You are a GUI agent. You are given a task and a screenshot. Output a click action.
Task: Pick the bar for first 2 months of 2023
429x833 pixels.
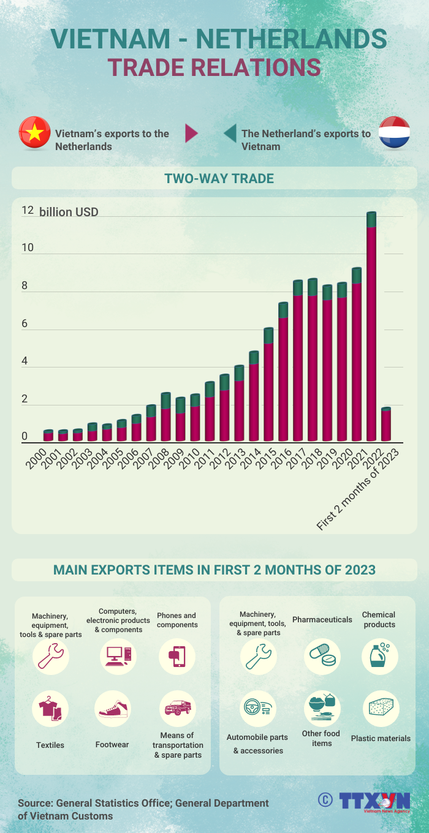(x=386, y=424)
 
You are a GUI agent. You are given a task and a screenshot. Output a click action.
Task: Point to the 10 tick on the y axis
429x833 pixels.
(x=25, y=248)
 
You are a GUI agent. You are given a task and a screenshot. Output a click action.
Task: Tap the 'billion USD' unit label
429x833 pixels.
(x=69, y=213)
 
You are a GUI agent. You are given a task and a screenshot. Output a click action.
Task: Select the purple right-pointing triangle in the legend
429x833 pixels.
(x=191, y=133)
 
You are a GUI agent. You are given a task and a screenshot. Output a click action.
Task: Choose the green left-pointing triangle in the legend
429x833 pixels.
(x=230, y=133)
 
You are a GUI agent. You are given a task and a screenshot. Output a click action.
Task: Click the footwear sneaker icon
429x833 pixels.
(x=112, y=709)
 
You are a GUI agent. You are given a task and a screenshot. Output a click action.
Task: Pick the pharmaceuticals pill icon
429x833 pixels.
(x=322, y=657)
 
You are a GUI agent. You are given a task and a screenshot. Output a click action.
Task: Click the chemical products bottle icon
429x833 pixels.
(x=379, y=656)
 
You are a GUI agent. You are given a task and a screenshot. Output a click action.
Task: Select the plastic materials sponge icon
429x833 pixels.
(x=381, y=709)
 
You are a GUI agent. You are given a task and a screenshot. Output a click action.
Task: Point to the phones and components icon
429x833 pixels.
(x=177, y=657)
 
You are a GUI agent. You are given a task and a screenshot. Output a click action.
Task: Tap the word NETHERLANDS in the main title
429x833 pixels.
(x=291, y=39)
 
